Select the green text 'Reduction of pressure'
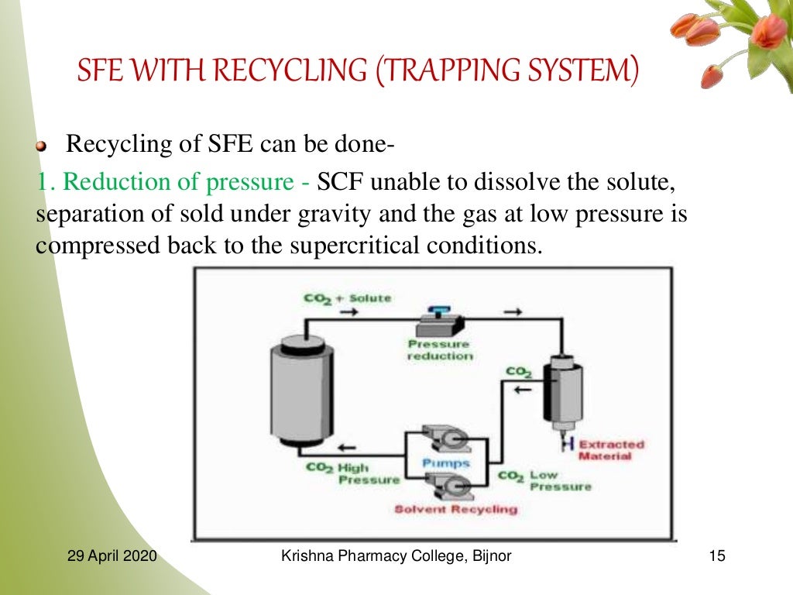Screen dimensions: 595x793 [x=175, y=182]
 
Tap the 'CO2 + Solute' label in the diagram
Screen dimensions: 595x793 [x=348, y=298]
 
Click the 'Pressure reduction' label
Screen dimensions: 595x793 [x=439, y=350]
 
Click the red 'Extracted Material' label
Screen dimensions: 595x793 [x=610, y=450]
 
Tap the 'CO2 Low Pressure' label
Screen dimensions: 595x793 [x=544, y=480]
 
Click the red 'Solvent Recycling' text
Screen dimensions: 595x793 [x=455, y=509]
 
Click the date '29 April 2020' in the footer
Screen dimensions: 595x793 [x=112, y=556]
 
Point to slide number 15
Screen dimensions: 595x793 [x=716, y=556]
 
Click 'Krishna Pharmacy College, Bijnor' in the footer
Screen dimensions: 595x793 [x=396, y=556]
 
